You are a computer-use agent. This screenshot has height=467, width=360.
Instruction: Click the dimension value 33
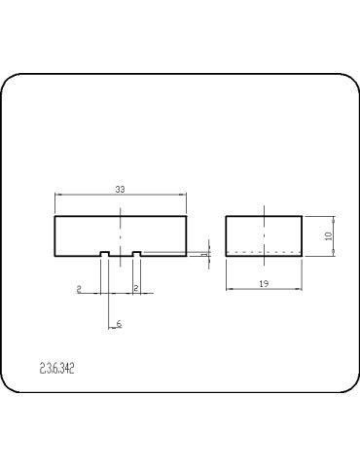[120, 190]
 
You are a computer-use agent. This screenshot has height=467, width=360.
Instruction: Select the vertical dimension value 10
[329, 234]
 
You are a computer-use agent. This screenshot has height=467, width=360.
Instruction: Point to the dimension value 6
[119, 323]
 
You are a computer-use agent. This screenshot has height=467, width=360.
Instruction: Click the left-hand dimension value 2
[79, 289]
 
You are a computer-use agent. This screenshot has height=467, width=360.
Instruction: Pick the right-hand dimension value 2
[135, 289]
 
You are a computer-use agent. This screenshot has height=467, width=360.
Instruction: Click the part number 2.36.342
[57, 369]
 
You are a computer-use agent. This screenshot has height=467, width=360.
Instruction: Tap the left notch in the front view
[104, 255]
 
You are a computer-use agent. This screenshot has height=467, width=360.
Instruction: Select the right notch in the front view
[137, 255]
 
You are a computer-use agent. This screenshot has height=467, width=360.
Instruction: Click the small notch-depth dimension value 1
[204, 254]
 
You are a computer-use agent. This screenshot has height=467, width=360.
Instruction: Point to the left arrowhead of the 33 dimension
[57, 196]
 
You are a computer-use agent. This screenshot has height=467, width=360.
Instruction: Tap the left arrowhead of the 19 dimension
[228, 288]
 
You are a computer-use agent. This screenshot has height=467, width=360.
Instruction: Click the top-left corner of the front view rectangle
[55, 216]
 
